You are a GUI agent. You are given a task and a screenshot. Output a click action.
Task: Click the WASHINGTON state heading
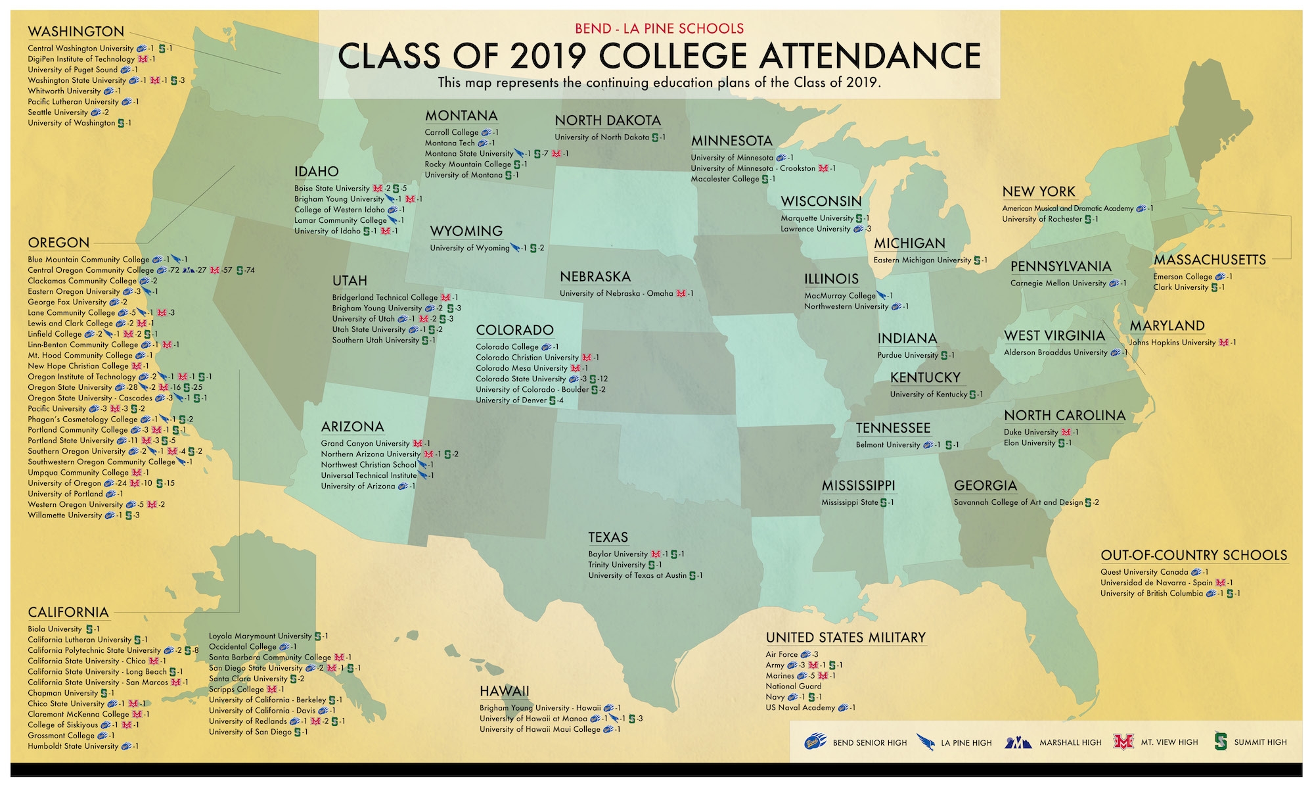[76, 32]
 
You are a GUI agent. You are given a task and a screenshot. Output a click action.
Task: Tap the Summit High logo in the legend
[1221, 741]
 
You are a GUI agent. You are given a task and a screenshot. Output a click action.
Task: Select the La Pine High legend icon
[926, 742]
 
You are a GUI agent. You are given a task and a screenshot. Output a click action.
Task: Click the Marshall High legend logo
[1018, 742]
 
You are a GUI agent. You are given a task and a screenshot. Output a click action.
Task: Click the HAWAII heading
[504, 691]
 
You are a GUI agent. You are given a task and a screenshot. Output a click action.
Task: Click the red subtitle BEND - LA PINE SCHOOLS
[659, 28]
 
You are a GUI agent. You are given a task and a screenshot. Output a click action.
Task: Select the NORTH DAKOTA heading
[608, 120]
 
